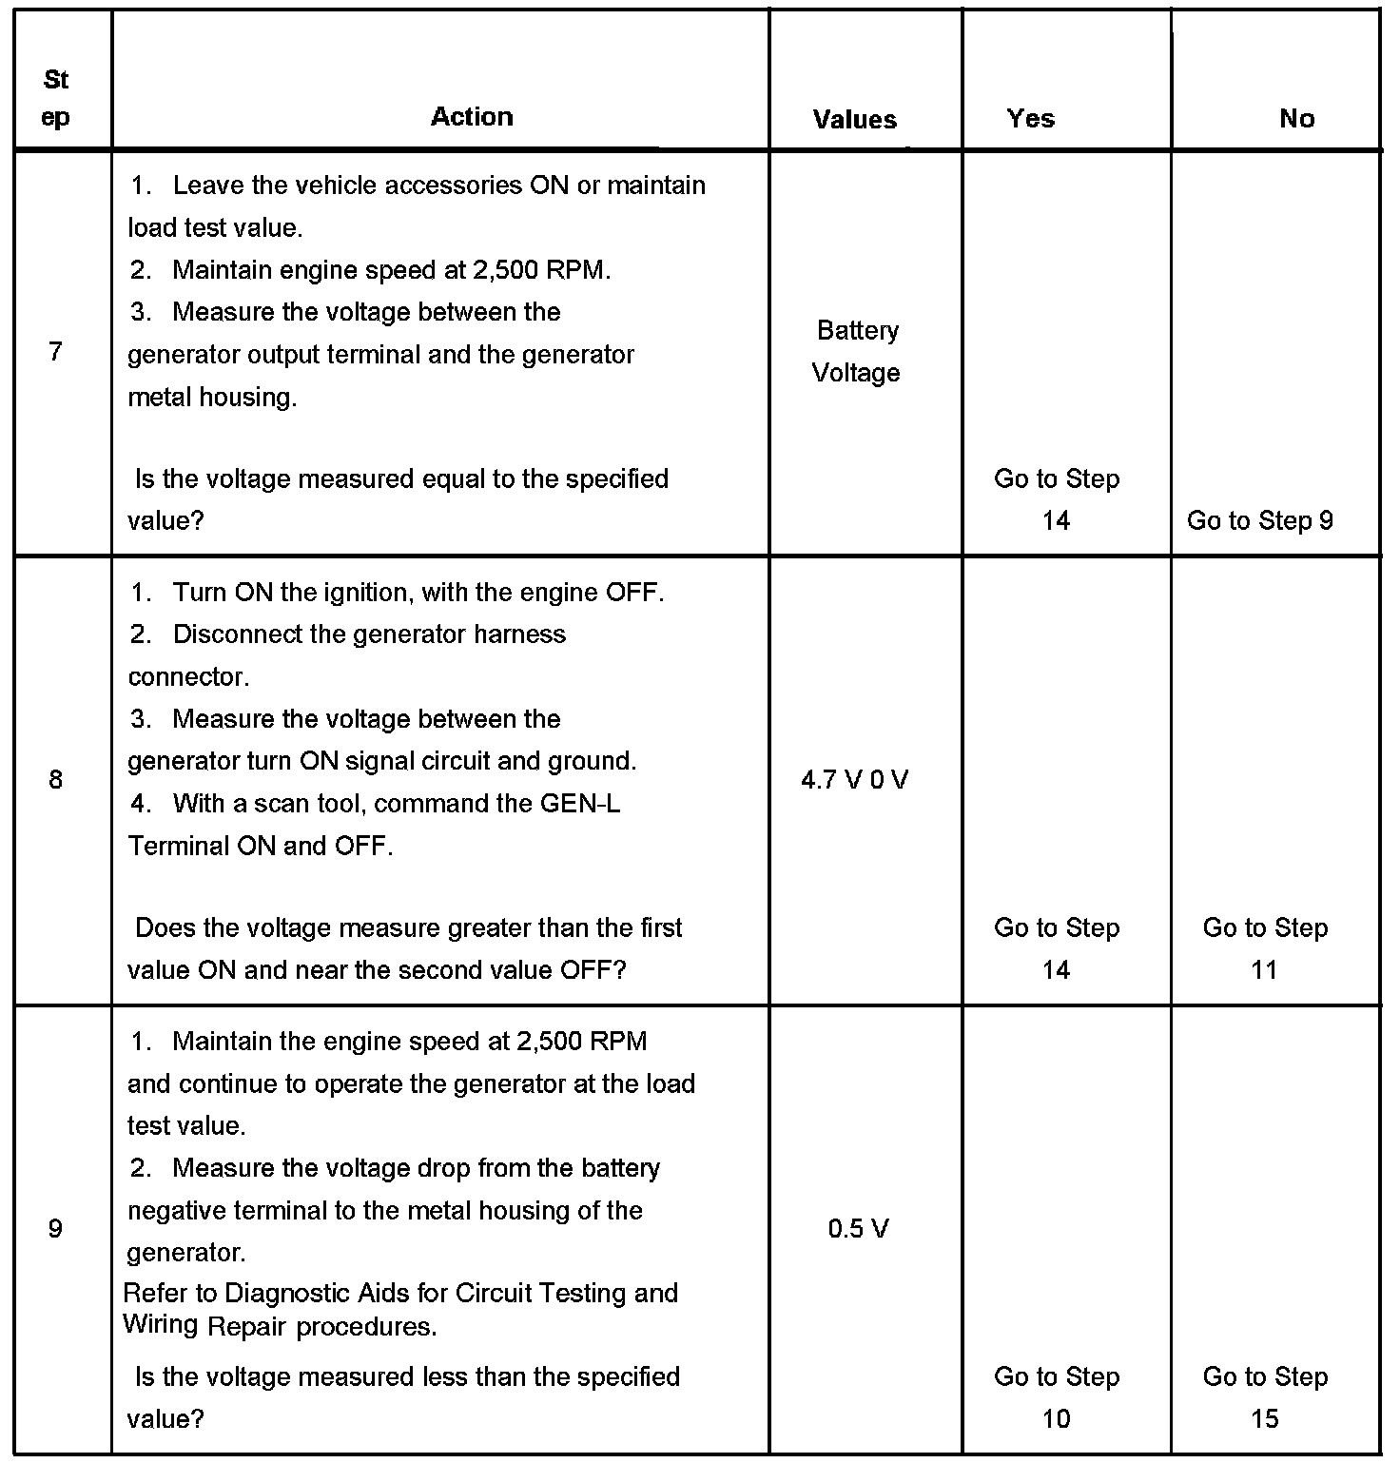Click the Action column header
click(472, 117)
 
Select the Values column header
click(854, 120)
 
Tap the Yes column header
click(1031, 119)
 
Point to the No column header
click(1296, 119)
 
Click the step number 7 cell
click(55, 352)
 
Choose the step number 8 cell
click(55, 780)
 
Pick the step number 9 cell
click(55, 1229)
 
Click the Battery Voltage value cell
click(857, 351)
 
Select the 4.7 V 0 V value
click(854, 780)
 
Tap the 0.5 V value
click(858, 1229)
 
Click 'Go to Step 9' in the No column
click(1259, 520)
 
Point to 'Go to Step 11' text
click(1265, 948)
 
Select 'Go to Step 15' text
click(1265, 1397)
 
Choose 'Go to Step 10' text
click(1057, 1397)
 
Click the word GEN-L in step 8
click(579, 804)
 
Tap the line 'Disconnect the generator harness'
click(369, 634)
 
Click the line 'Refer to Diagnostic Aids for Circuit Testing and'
click(400, 1294)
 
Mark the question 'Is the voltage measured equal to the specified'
click(401, 478)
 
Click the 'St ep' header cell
click(56, 98)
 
